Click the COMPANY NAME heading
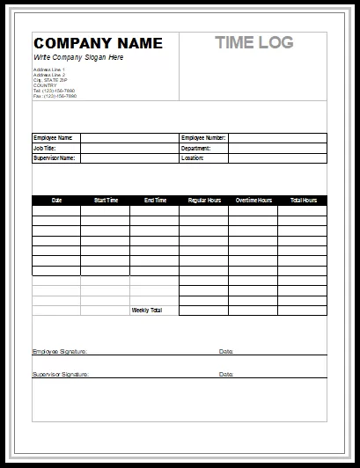pos(98,43)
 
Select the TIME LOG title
pos(254,42)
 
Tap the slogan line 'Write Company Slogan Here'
pos(78,57)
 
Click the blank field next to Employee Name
pos(129,138)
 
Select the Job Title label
pos(44,149)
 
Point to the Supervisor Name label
pos(54,158)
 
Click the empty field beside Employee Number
pos(277,138)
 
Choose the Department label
pos(195,149)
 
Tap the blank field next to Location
pos(277,158)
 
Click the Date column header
pos(57,201)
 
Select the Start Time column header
pos(106,201)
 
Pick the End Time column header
pos(155,201)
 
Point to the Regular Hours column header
pos(204,201)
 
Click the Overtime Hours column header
pos(253,201)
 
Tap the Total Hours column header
pos(303,201)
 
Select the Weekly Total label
pos(146,311)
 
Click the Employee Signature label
pos(60,352)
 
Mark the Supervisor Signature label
pos(61,374)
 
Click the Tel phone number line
pos(54,90)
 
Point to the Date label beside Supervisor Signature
pos(226,374)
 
